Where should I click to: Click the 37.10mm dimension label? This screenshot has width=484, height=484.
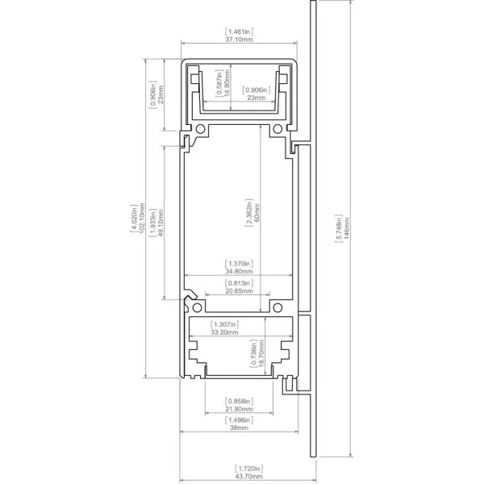(x=239, y=40)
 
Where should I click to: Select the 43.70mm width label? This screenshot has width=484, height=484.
(x=248, y=476)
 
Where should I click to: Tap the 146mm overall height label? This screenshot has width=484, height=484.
(x=346, y=228)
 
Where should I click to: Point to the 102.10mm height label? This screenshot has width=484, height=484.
(x=142, y=218)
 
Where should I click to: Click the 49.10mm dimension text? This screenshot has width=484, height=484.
(x=161, y=223)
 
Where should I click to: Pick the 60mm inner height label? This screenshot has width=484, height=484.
(x=257, y=213)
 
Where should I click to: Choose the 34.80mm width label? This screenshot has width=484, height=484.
(x=239, y=272)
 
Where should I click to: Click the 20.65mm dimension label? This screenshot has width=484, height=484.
(x=239, y=291)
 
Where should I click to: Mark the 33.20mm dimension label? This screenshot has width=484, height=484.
(x=224, y=332)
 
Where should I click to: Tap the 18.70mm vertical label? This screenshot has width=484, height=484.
(x=261, y=353)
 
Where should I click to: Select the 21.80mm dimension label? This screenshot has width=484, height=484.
(x=239, y=409)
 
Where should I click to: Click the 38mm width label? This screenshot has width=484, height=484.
(x=239, y=428)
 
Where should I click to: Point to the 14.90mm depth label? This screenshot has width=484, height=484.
(x=227, y=83)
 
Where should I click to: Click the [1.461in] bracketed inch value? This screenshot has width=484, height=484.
(x=239, y=31)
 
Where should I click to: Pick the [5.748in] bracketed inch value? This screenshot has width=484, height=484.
(x=339, y=228)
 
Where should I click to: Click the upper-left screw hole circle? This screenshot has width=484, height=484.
(x=200, y=129)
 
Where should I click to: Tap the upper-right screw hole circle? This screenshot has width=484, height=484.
(x=277, y=129)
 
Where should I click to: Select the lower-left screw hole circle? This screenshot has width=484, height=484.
(x=197, y=308)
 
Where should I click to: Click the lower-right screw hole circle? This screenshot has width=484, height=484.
(x=277, y=308)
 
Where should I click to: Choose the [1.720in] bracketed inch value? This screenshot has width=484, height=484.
(x=248, y=469)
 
